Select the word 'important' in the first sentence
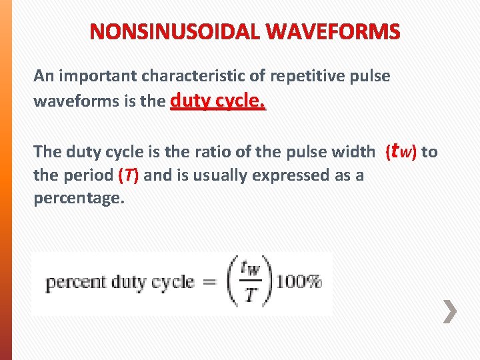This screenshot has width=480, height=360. (89, 76)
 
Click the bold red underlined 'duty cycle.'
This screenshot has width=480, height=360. (218, 101)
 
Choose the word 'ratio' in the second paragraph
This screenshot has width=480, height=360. (205, 152)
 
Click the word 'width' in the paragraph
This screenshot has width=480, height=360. (354, 152)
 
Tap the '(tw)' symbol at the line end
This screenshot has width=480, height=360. (401, 151)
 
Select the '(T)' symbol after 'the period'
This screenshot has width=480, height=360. (128, 176)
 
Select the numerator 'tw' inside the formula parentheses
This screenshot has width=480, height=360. (252, 268)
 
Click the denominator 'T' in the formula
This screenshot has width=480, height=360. (251, 295)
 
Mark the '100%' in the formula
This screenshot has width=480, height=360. (299, 282)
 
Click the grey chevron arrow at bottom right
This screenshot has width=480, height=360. (451, 311)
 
